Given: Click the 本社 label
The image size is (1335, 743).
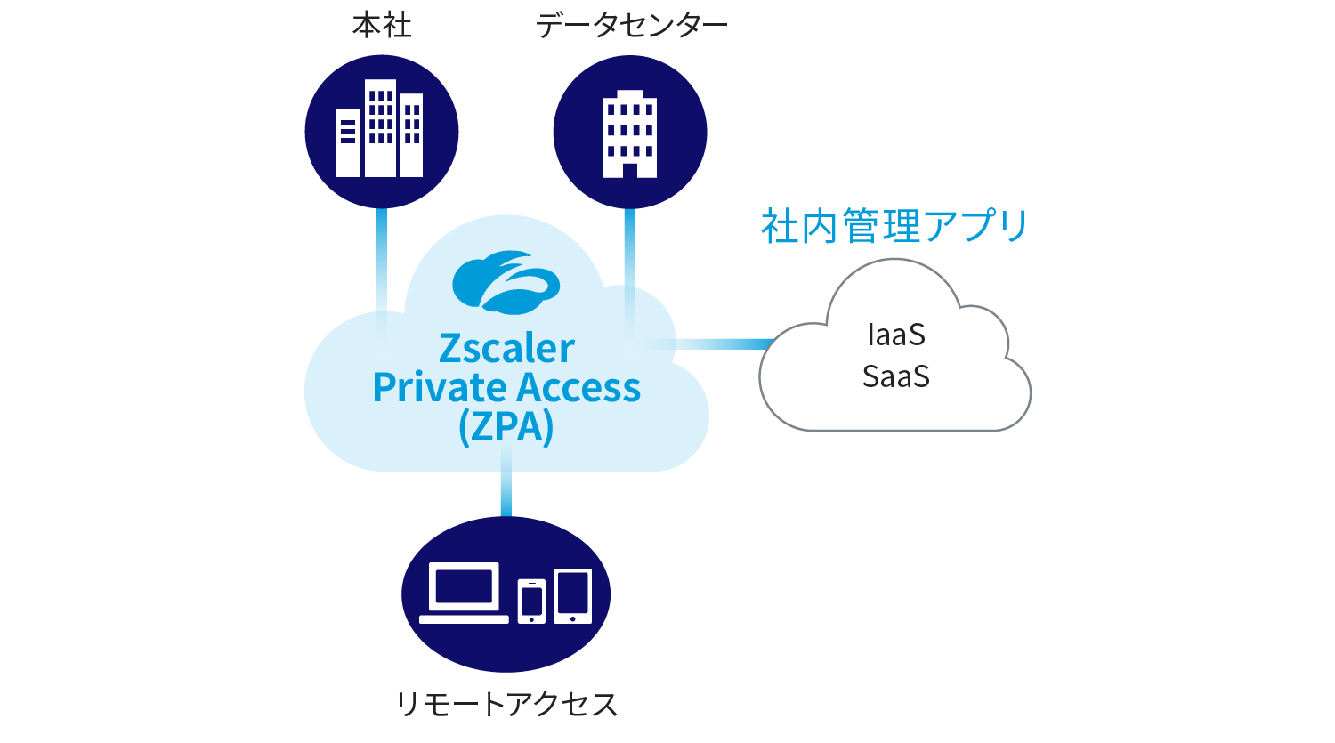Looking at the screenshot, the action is (382, 26).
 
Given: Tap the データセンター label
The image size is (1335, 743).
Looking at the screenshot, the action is (631, 26).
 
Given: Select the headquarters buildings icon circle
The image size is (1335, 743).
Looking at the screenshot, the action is (382, 132).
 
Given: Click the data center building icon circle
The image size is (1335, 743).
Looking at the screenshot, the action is (630, 132).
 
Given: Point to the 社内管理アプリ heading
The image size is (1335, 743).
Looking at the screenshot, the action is (894, 226).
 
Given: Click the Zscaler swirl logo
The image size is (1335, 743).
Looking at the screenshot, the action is (506, 282).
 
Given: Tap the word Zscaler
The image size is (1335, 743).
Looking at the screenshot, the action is (506, 349).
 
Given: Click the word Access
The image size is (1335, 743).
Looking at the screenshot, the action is (578, 388).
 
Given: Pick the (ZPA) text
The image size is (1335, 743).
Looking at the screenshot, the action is (506, 427).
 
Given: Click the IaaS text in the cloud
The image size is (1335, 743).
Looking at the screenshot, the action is (895, 335).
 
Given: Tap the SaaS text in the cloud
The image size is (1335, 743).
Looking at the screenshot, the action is (895, 376).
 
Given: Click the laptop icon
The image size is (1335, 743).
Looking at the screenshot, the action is (464, 593).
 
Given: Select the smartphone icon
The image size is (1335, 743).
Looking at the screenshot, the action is (531, 602).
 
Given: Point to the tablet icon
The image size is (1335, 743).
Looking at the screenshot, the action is (573, 596).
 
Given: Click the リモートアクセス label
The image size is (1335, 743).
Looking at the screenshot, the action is (506, 704).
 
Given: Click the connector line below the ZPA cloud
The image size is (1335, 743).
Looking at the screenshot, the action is (506, 481).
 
